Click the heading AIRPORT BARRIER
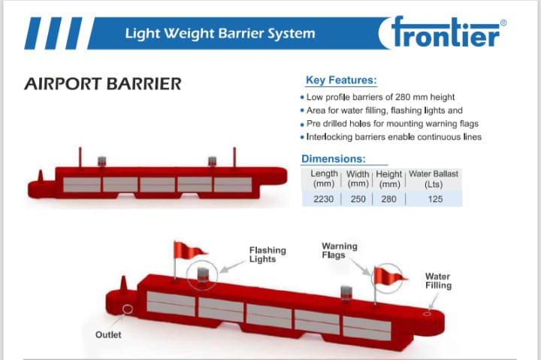click(103, 84)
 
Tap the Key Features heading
click(341, 80)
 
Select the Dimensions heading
click(334, 159)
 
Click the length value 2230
click(323, 199)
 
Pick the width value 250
click(358, 199)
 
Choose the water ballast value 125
click(435, 199)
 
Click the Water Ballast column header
click(434, 179)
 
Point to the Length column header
click(324, 178)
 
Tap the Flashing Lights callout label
click(267, 254)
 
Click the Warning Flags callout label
click(339, 250)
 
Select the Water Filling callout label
click(438, 280)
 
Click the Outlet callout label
click(108, 334)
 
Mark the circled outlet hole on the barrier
click(128, 309)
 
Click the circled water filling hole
click(427, 313)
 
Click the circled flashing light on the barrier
click(202, 275)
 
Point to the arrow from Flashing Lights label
click(232, 267)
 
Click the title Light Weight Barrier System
click(220, 34)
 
